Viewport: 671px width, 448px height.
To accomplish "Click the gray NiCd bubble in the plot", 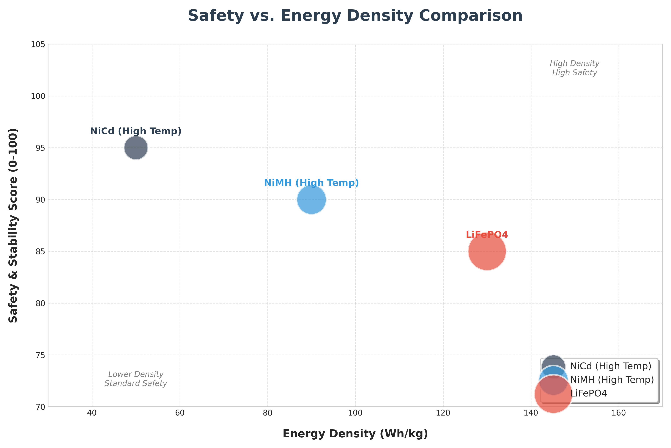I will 136,148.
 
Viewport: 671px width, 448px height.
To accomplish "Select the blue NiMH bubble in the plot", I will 311,200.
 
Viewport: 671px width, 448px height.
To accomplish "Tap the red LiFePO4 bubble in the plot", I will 487,252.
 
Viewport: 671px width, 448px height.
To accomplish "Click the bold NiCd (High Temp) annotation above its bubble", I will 136,131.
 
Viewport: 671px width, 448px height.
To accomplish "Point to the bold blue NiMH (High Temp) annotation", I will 311,183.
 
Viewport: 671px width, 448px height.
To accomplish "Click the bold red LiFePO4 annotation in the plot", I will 487,235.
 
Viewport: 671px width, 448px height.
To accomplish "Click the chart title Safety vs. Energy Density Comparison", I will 355,16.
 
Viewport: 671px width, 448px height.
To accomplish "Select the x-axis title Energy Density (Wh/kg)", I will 355,434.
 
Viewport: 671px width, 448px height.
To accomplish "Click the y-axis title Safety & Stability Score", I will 13,225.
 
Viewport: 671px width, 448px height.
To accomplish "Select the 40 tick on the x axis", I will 92,413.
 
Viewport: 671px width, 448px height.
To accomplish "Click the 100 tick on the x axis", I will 355,413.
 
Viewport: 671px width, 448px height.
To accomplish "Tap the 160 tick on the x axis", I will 619,413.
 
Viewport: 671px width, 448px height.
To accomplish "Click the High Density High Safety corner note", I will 574,68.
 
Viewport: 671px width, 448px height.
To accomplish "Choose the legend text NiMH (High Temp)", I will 612,380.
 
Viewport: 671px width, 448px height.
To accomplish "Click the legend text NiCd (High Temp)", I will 611,366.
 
